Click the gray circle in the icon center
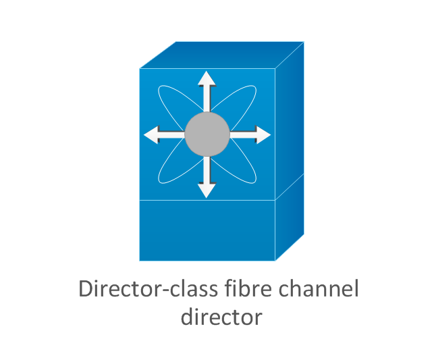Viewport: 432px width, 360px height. pyautogui.click(x=207, y=134)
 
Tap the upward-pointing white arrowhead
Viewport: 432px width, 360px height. pyautogui.click(x=207, y=78)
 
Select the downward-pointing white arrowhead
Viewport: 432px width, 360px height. pyautogui.click(x=207, y=190)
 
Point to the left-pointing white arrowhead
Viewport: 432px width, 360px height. pyautogui.click(x=151, y=134)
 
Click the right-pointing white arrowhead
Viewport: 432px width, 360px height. pyautogui.click(x=263, y=134)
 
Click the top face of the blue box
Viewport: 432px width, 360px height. pyautogui.click(x=222, y=55)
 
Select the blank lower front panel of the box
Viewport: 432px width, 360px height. pyautogui.click(x=207, y=230)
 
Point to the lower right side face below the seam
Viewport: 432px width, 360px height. pyautogui.click(x=290, y=217)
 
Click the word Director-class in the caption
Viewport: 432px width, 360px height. pyautogui.click(x=148, y=288)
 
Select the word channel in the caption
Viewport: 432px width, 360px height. pyautogui.click(x=319, y=288)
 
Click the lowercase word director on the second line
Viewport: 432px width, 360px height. pyautogui.click(x=221, y=317)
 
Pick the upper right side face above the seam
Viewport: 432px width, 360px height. pyautogui.click(x=290, y=121)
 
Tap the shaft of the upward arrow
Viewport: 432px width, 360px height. pyautogui.click(x=207, y=99)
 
